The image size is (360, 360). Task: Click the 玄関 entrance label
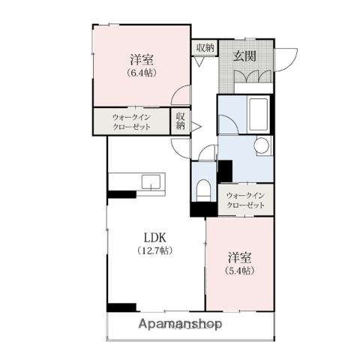tap(244, 56)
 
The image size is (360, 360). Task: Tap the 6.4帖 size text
tap(142, 73)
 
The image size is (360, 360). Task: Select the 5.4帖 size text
tap(239, 271)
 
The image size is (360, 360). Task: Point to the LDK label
tap(155, 238)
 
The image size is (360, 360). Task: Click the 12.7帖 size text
tap(155, 250)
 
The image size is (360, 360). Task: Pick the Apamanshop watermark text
tap(180, 324)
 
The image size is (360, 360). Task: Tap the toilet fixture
tap(203, 190)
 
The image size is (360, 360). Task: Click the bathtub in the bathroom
tap(258, 114)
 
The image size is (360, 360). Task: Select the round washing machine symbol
tap(262, 145)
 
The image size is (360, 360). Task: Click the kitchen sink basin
tap(151, 181)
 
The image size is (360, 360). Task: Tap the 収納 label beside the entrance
tap(205, 47)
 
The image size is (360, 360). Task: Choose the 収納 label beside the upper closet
tap(181, 121)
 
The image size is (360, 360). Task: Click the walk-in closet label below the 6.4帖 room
tap(132, 121)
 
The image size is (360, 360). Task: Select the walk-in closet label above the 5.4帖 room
tap(245, 200)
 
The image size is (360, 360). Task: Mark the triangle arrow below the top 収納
tap(199, 61)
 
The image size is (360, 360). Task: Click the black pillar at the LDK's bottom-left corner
tap(121, 307)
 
